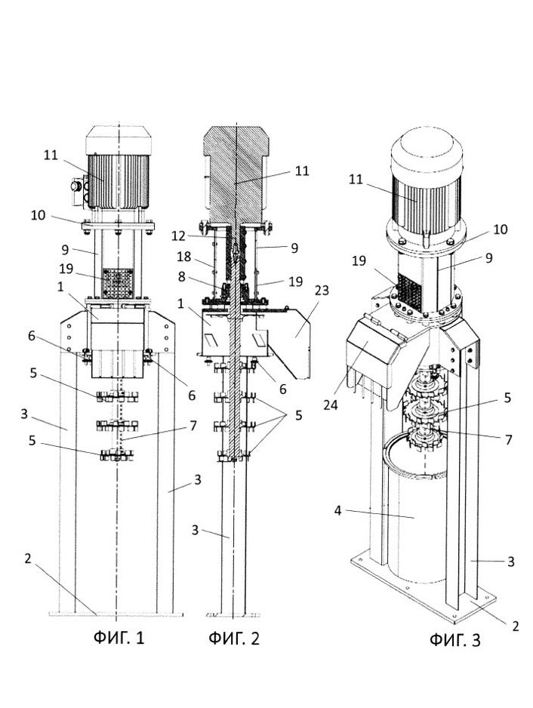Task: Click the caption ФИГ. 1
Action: click(x=119, y=639)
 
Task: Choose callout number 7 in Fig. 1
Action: click(x=193, y=426)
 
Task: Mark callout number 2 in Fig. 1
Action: click(x=27, y=559)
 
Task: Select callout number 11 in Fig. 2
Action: click(x=302, y=171)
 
